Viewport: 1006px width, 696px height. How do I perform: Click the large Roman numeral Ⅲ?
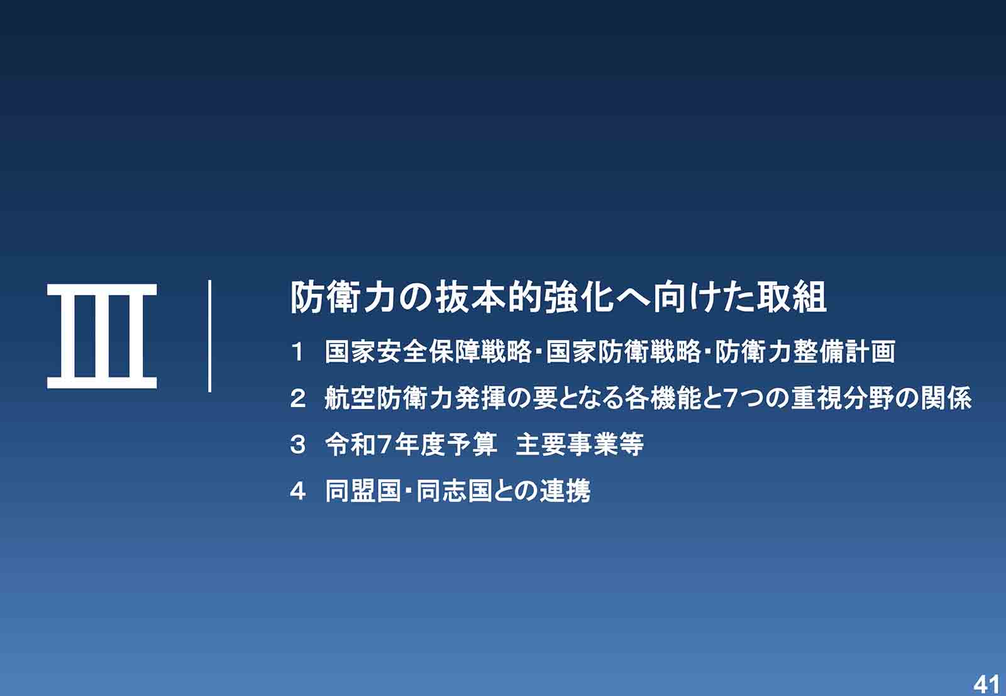(x=102, y=336)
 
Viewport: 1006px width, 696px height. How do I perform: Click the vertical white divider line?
(x=209, y=336)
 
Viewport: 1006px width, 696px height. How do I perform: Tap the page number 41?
(x=987, y=685)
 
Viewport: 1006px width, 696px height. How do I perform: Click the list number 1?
(x=297, y=352)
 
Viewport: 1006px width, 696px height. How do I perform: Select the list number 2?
(x=298, y=398)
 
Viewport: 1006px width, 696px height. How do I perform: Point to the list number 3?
(x=298, y=445)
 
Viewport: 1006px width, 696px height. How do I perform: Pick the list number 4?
(x=298, y=491)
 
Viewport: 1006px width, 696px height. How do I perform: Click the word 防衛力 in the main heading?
(x=343, y=298)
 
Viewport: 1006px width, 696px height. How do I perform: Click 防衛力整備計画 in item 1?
(x=805, y=352)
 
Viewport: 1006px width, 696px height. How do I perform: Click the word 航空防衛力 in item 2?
(x=389, y=398)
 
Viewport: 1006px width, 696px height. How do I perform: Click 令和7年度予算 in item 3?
(x=411, y=445)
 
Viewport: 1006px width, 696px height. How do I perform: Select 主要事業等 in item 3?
(x=580, y=445)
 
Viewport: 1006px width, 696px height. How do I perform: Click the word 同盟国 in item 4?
(x=363, y=491)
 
